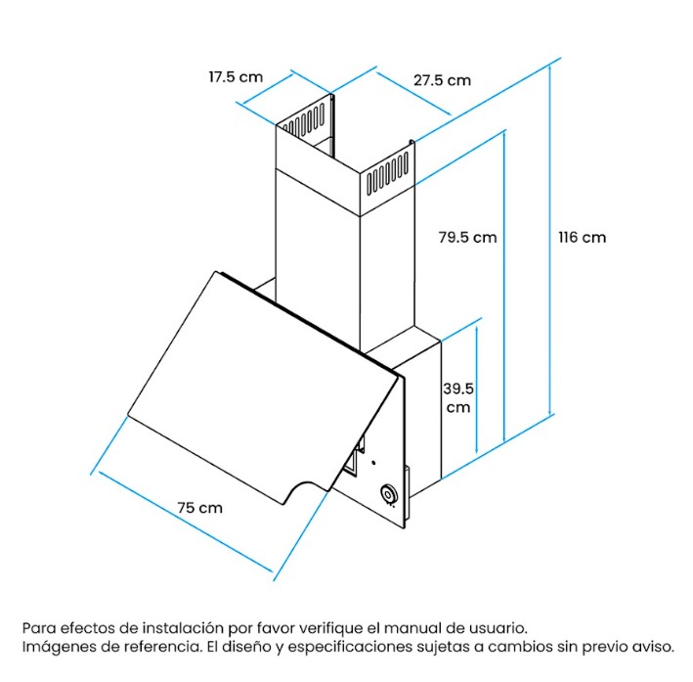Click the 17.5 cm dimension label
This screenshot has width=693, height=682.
coord(236,77)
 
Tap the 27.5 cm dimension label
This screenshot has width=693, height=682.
coord(442,80)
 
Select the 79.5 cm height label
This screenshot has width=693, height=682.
coord(467,238)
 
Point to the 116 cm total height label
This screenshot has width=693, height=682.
coord(583,238)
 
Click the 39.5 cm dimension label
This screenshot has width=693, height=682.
coord(458,398)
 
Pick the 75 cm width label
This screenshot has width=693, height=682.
coord(199,508)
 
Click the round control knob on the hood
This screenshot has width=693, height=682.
coord(389,494)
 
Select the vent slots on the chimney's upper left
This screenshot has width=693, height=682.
coord(304,119)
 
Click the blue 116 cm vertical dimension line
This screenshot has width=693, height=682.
coord(550,240)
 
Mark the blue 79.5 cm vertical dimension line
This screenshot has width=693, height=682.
coord(503,287)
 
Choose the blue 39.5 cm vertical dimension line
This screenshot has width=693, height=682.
coord(476,389)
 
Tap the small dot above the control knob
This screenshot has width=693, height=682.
coord(374,463)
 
